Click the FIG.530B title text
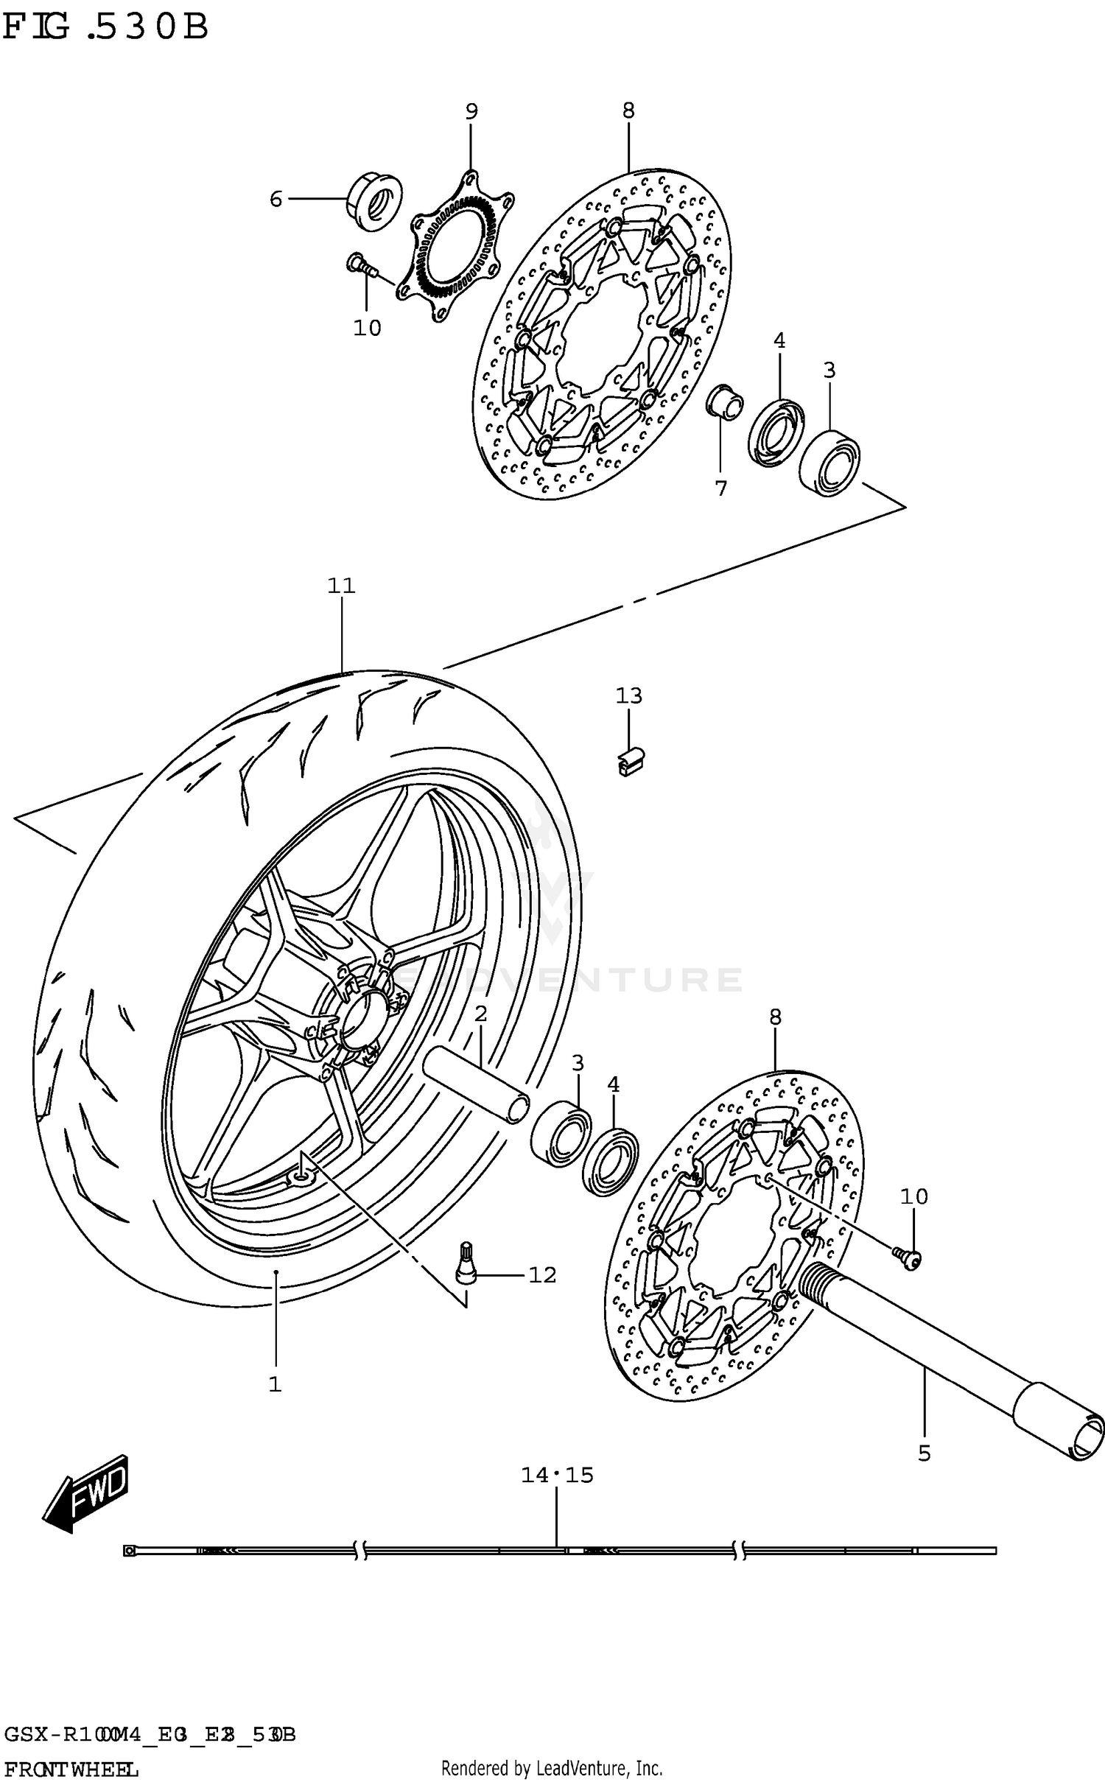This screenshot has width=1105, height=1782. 105,27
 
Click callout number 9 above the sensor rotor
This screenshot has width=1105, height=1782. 471,111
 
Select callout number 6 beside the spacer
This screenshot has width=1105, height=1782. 276,199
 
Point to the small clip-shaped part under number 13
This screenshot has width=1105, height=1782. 629,760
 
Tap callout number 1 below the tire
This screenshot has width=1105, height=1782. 275,1384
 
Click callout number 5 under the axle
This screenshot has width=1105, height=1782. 925,1453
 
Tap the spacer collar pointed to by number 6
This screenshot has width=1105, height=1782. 374,200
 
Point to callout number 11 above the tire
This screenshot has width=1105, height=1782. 342,586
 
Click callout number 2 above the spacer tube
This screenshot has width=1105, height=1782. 481,1014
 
